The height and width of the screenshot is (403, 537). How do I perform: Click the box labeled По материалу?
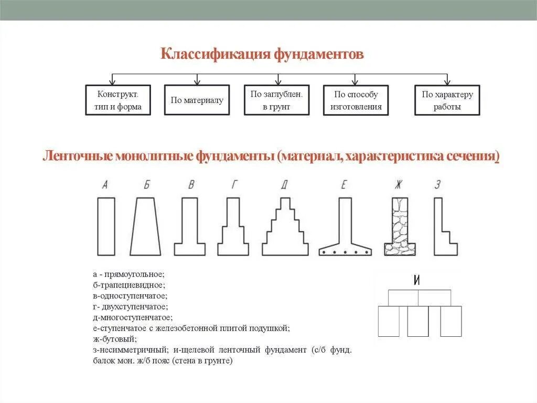197,100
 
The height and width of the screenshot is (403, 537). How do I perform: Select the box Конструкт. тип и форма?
117,100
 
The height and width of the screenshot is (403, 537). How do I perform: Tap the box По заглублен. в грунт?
277,100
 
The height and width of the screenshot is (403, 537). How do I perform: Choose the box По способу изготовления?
356,100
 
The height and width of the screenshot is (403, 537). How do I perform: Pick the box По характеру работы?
447,100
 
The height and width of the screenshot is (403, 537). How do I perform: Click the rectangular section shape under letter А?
105,226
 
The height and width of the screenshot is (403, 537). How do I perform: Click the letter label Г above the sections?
234,184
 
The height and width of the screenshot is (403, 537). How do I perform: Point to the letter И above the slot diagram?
417,281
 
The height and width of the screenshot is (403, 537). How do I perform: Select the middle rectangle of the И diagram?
418,321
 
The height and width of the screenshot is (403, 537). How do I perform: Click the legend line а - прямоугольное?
128,274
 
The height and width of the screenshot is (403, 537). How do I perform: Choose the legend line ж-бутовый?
114,339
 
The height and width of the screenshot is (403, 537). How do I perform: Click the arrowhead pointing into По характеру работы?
447,82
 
